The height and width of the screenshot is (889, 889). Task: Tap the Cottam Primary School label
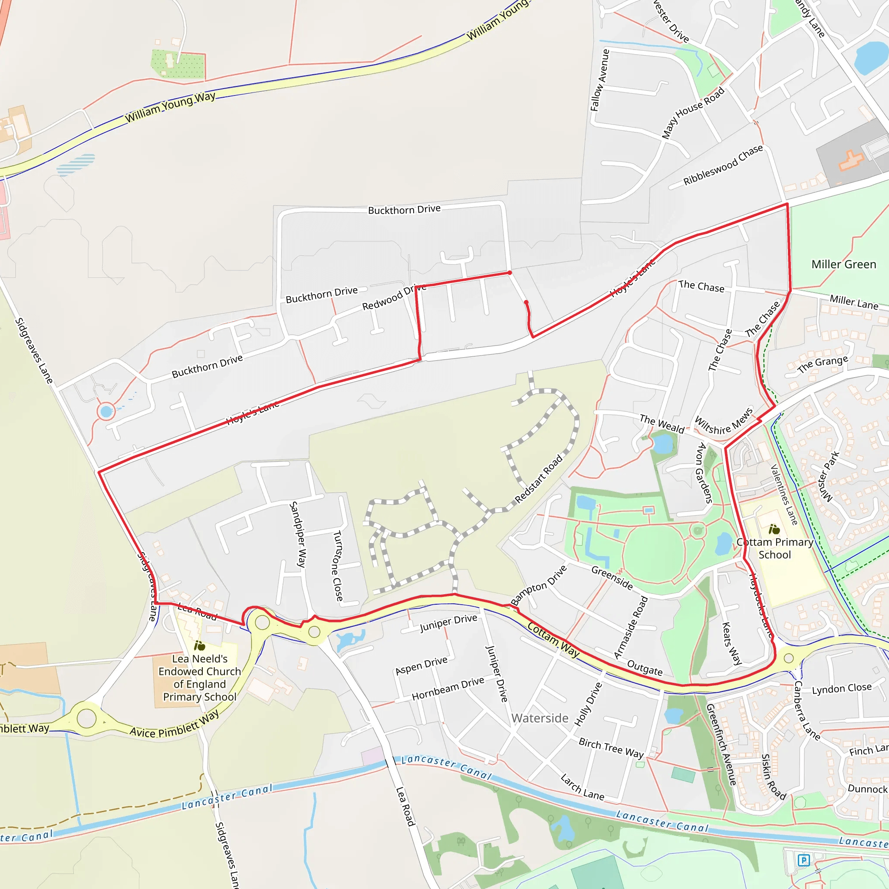pos(774,549)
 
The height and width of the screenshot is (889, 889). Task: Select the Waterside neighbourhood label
pos(539,718)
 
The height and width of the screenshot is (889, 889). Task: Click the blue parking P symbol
pos(803,860)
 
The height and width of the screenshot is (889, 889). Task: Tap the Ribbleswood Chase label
pos(723,165)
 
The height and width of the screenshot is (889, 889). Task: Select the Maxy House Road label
pos(692,113)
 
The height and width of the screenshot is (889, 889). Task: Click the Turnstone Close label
pos(338,566)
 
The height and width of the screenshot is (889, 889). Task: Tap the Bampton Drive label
pos(538,586)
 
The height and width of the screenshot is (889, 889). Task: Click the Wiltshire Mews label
pos(723,421)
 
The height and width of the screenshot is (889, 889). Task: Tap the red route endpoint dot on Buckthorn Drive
pos(509,273)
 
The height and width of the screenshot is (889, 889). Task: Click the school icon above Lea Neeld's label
pos(199,645)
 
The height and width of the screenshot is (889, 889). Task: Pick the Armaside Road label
pos(630,628)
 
